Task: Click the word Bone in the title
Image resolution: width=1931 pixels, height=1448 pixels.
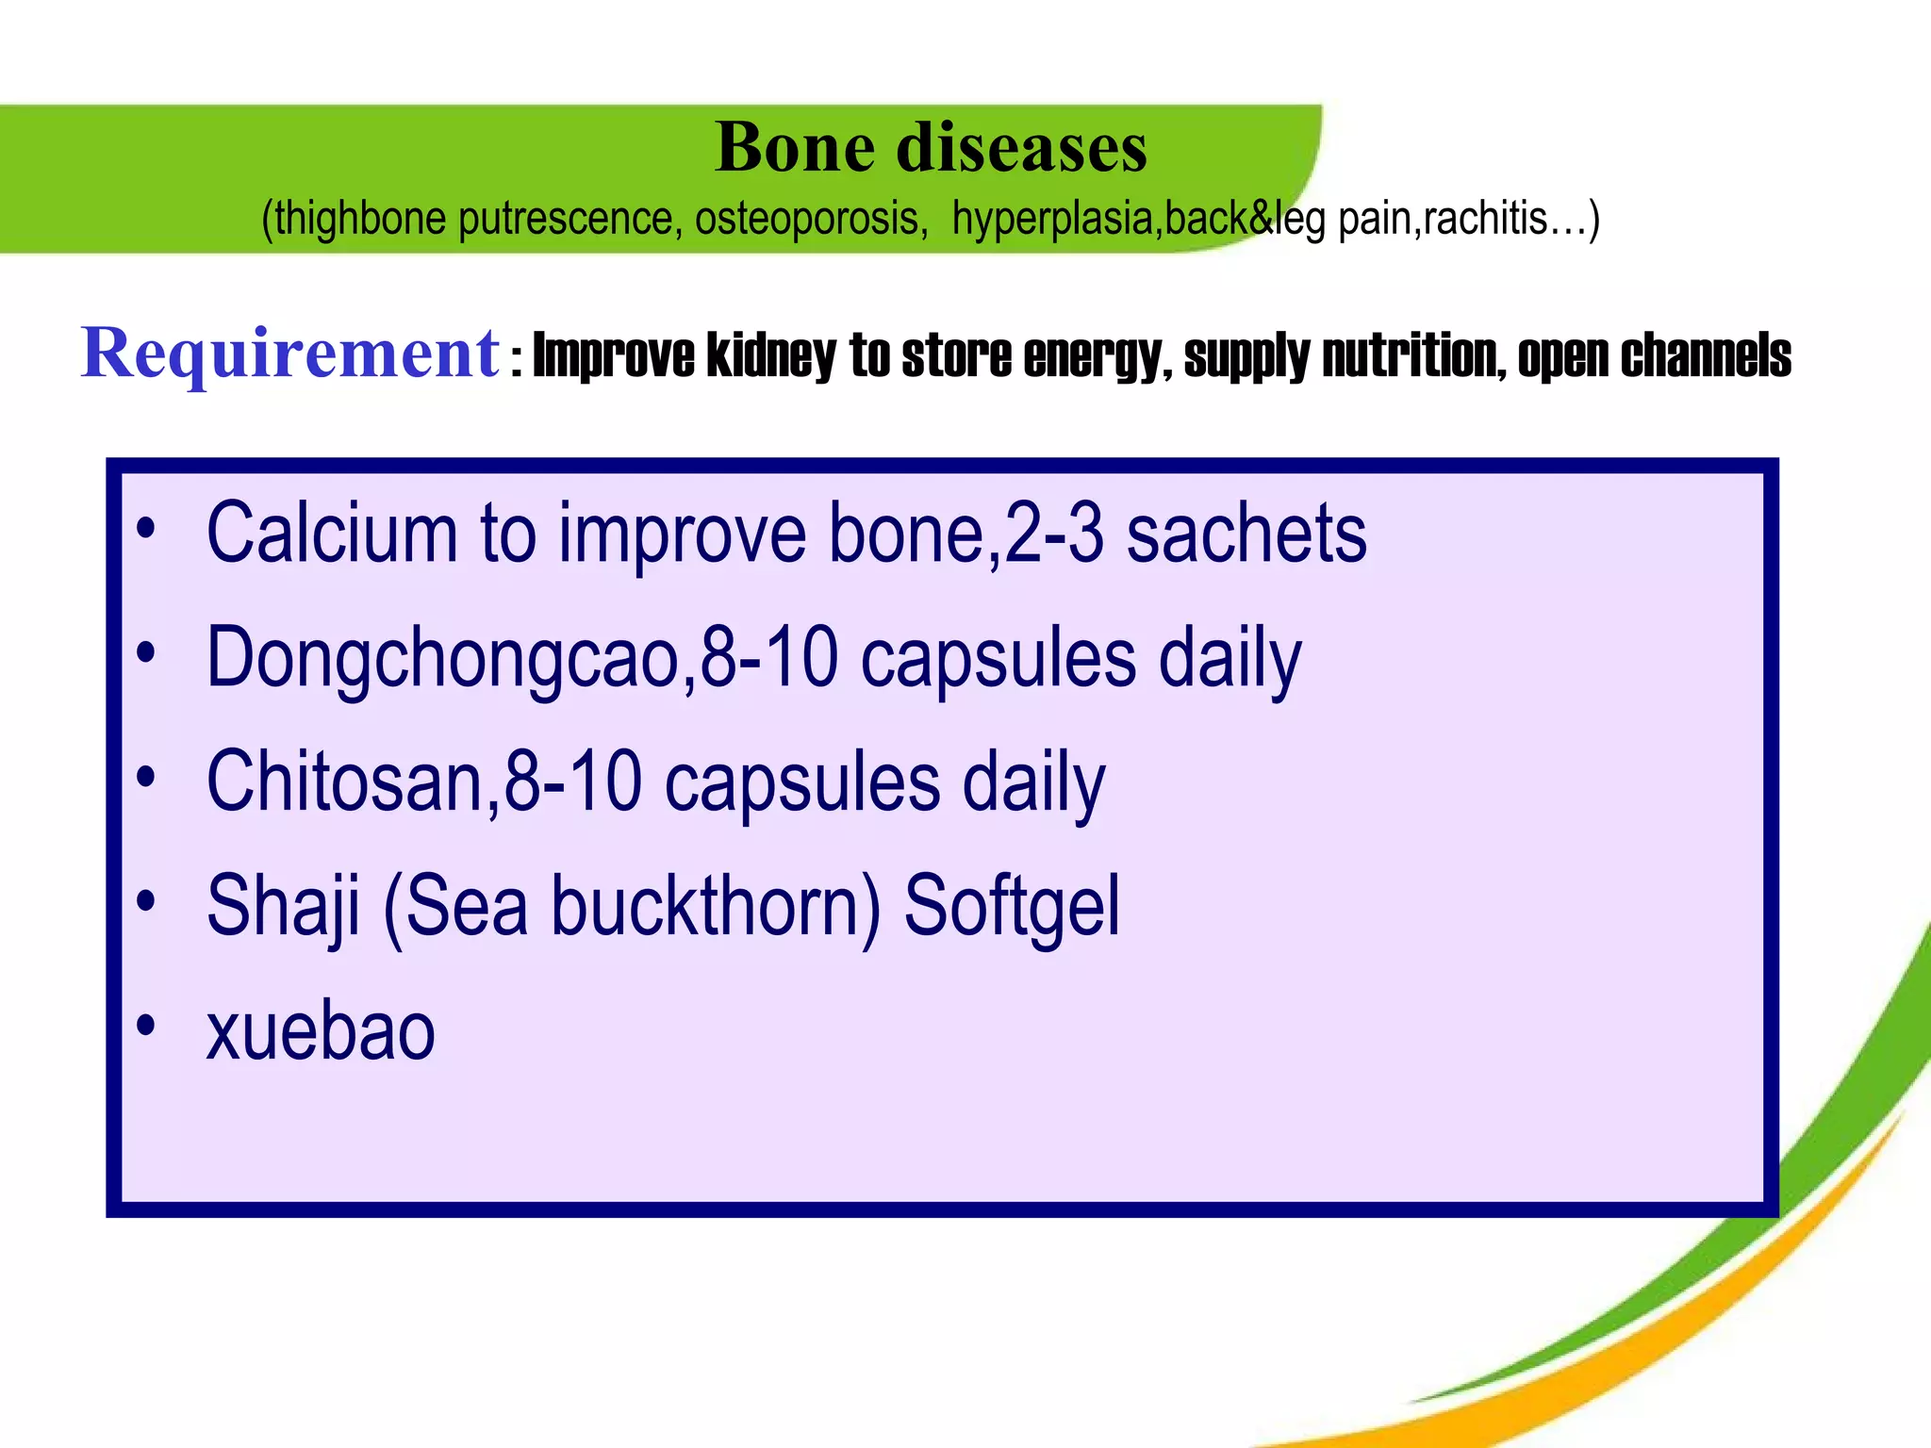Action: pos(795,148)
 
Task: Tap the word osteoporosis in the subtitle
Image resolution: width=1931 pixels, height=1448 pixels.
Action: pos(807,219)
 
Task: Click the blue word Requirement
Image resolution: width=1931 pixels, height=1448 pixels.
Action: pos(289,354)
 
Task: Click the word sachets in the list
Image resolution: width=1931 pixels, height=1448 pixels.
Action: pos(1246,534)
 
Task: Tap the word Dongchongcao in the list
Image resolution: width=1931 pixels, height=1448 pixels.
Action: pos(442,658)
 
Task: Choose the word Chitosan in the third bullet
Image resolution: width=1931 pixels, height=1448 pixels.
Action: pos(345,782)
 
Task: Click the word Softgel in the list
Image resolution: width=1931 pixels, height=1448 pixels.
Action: pos(1012,906)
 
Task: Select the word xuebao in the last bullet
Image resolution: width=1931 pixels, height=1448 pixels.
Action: pos(321,1031)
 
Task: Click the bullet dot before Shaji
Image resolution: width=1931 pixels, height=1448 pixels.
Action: pos(145,902)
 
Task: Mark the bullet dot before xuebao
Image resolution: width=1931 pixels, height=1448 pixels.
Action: pos(145,1026)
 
